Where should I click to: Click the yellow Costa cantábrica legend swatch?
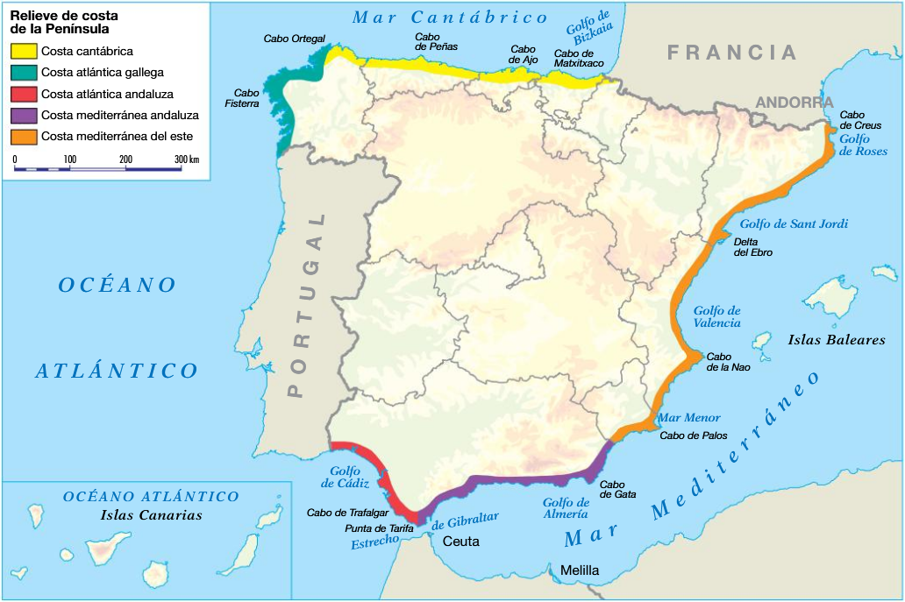tap(24, 52)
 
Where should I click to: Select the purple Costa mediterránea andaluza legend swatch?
tap(24, 115)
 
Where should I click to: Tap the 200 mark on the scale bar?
tap(125, 159)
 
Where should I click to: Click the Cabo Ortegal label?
tap(294, 39)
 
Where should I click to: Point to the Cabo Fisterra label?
tap(246, 97)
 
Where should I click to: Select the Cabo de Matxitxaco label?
tap(580, 59)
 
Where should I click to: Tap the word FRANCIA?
tap(732, 53)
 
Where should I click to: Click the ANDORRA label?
tap(794, 103)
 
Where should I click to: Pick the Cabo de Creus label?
tap(860, 120)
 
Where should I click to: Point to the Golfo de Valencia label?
tap(716, 316)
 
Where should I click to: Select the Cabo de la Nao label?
tap(730, 362)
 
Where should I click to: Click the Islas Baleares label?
tap(836, 340)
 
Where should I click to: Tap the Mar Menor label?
tap(688, 418)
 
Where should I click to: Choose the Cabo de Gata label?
tap(612, 489)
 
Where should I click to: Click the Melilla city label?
tap(580, 570)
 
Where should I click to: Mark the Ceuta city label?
tap(460, 542)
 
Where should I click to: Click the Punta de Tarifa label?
tap(379, 528)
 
